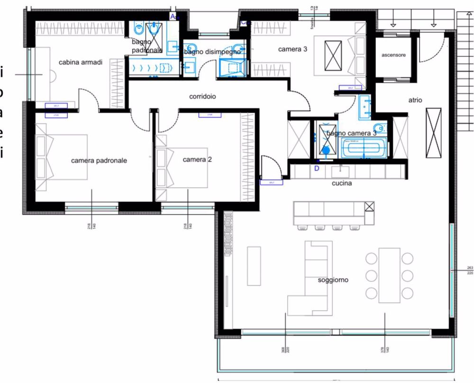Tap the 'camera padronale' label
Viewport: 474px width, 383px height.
99,161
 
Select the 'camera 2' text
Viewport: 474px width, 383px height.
197,159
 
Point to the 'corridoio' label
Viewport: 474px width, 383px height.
202,96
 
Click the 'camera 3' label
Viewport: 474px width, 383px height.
292,49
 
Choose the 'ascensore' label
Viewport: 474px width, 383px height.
393,55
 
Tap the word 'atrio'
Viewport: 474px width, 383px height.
415,100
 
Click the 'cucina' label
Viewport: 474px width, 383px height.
341,183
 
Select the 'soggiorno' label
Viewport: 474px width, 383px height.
333,280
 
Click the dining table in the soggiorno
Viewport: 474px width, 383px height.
389,274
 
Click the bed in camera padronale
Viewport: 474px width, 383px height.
62,156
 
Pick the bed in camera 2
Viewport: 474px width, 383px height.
182,168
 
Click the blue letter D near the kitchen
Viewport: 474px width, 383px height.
317,167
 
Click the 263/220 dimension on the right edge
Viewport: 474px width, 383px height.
470,270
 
